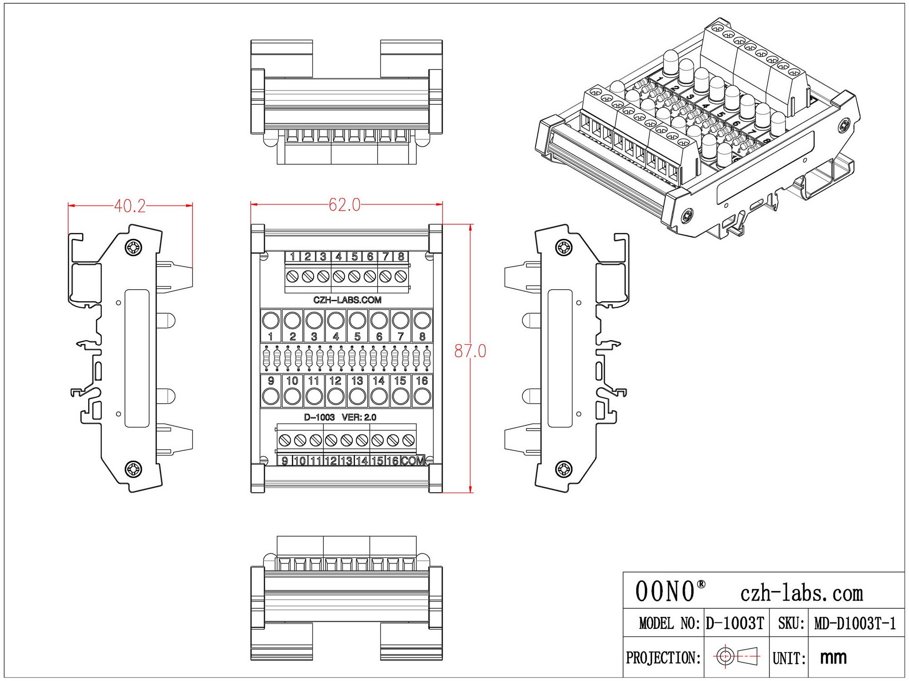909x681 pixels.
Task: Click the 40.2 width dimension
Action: pos(130,207)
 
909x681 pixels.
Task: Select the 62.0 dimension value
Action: pos(345,205)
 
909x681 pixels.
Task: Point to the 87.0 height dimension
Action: pos(470,351)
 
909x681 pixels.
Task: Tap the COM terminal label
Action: pos(413,461)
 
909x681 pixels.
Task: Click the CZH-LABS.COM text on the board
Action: pos(347,300)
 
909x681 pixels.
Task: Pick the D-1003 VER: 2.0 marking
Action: pos(340,417)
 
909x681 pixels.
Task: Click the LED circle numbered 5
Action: pos(358,321)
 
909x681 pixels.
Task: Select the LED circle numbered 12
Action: pos(336,396)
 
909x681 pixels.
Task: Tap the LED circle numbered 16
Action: pos(422,396)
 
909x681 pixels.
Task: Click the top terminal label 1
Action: pos(292,257)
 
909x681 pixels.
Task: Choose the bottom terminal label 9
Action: pos(285,461)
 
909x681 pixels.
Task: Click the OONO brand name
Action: pos(665,592)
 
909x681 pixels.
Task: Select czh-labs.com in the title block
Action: pos(801,593)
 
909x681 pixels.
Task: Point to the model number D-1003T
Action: pos(735,623)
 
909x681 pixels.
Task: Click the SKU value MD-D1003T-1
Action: pos(855,623)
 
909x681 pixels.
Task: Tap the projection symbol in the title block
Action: pos(736,656)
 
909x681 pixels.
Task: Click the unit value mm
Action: pos(833,657)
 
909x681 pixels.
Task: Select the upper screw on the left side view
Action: pos(134,247)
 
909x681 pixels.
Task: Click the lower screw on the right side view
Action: pos(564,469)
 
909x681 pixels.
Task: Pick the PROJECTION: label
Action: pos(663,657)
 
